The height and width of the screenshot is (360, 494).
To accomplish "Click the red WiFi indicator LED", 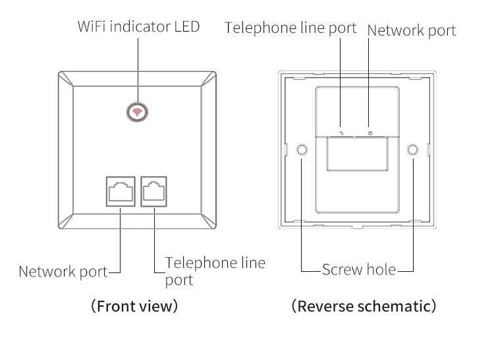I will [x=138, y=112].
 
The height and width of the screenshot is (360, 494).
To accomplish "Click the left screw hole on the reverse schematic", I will [x=302, y=150].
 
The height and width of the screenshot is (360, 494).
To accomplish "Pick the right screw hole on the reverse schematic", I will [x=412, y=150].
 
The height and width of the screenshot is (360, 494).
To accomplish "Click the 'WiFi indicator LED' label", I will [x=138, y=28].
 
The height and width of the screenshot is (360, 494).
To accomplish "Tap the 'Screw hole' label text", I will [x=359, y=269].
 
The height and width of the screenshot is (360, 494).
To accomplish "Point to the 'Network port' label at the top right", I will [x=411, y=30].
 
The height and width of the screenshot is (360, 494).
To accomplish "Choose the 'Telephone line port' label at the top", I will [x=290, y=28].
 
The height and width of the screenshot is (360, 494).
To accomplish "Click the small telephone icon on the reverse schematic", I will [x=341, y=132].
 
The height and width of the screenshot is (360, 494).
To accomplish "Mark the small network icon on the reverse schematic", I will [x=370, y=132].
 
